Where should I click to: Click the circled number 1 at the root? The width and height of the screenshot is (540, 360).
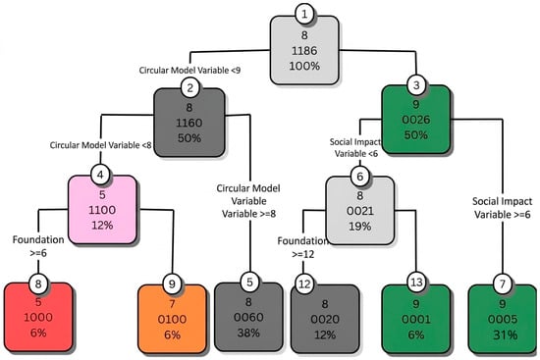304,14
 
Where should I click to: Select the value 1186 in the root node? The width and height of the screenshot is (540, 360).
304,51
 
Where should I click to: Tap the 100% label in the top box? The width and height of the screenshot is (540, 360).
304,66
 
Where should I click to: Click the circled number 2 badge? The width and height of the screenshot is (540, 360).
189,87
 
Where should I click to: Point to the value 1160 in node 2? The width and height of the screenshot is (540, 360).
189,123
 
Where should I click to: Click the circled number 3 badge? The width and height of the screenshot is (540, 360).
416,84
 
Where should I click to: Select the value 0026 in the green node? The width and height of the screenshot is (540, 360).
416,120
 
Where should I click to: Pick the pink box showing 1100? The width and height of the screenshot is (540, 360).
102,209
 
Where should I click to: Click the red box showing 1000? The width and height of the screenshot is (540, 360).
38,317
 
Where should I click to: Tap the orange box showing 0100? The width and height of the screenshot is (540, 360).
172,319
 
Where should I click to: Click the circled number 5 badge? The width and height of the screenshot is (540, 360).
249,283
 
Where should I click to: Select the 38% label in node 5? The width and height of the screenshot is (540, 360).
248,333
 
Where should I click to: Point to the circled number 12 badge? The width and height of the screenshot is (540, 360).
304,283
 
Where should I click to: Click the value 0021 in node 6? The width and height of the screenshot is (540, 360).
360,211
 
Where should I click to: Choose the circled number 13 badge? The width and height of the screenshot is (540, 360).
416,283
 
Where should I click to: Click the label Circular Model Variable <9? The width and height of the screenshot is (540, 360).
189,71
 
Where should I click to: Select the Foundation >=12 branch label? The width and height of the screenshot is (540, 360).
302,248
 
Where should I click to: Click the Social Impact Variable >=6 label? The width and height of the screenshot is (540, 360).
502,208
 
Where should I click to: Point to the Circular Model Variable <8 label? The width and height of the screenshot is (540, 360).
100,145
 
